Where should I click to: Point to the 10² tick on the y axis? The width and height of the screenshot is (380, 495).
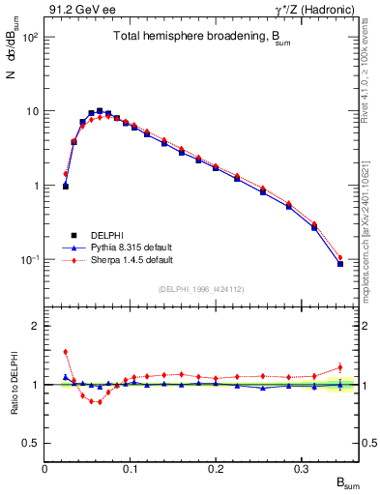(x=29, y=37)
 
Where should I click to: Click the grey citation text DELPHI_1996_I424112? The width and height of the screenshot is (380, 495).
(x=201, y=289)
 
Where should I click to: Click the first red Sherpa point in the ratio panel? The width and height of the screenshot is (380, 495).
(x=65, y=352)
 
